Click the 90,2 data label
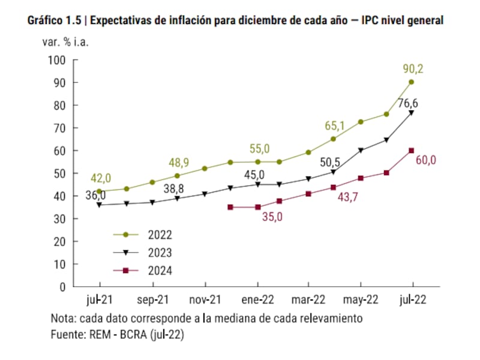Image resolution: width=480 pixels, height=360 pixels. [x=412, y=69]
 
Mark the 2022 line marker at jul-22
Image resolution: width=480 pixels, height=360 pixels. [x=412, y=82]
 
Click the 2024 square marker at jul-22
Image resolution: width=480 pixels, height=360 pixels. [x=412, y=151]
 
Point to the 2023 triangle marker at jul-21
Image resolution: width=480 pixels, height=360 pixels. [x=100, y=205]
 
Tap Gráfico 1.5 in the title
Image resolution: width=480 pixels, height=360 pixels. [x=55, y=20]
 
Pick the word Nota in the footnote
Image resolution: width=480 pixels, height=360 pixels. [x=62, y=317]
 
